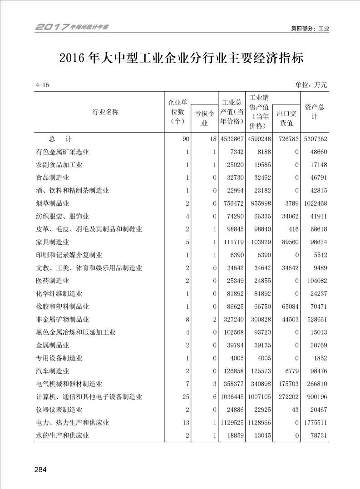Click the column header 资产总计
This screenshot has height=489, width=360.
pos(314,112)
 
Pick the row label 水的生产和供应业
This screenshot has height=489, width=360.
pos(62,436)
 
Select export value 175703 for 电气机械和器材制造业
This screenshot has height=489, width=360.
pos(287,384)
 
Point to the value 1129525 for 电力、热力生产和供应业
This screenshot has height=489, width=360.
pos(231,423)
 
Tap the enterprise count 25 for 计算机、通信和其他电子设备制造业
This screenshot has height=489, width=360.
pos(185,397)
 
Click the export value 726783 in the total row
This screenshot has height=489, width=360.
pos(287,139)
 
